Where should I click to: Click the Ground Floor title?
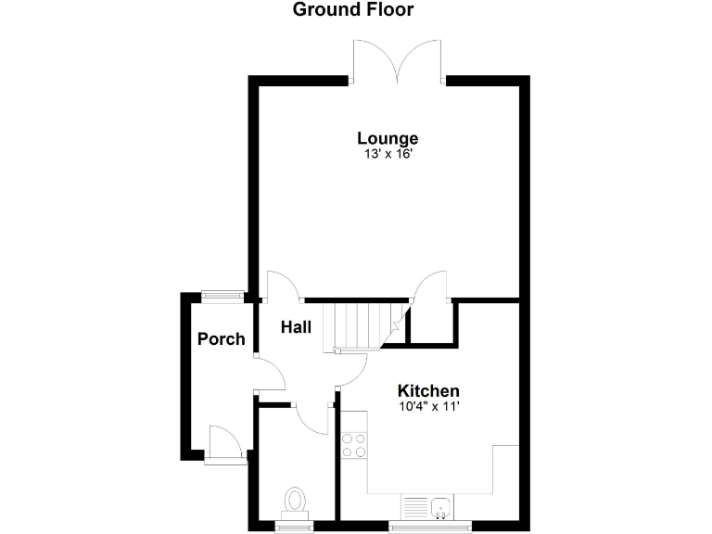pyautogui.click(x=352, y=10)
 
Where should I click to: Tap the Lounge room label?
pyautogui.click(x=388, y=139)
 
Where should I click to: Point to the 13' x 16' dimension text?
pyautogui.click(x=388, y=155)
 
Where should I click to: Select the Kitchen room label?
pyautogui.click(x=428, y=390)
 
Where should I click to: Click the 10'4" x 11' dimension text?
pyautogui.click(x=428, y=405)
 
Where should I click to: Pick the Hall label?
pyautogui.click(x=297, y=326)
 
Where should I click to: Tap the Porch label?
pyautogui.click(x=222, y=339)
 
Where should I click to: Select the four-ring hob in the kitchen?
pyautogui.click(x=354, y=446)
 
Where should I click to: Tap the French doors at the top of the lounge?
pyautogui.click(x=397, y=63)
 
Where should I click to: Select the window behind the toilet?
pyautogui.click(x=296, y=528)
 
